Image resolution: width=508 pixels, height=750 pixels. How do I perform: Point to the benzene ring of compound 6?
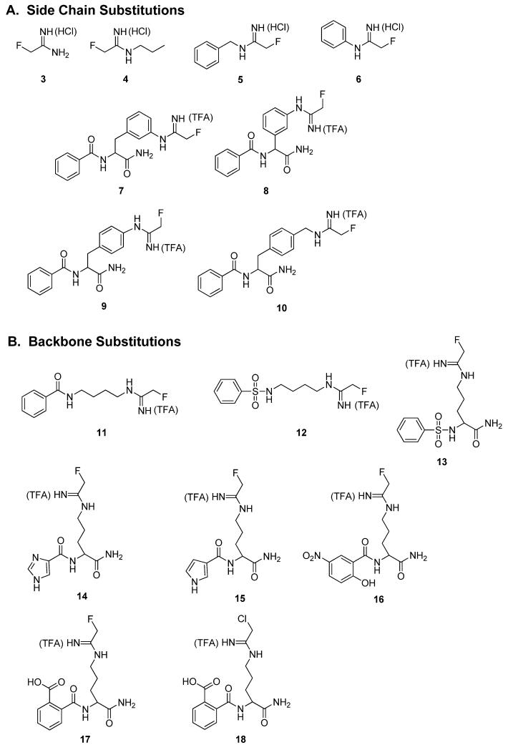click(333, 35)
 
